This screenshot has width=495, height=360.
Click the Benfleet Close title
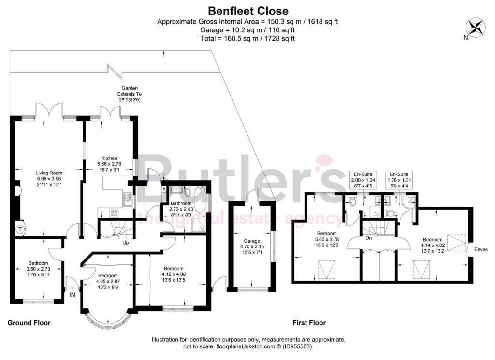(x=248, y=11)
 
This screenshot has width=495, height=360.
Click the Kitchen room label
(x=109, y=158)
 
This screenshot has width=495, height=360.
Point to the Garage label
(x=252, y=241)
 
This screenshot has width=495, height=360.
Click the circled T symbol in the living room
(x=20, y=229)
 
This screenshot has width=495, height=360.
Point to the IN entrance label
(x=73, y=294)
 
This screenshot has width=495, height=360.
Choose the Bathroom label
(x=181, y=204)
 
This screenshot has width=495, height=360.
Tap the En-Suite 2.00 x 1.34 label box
(x=361, y=180)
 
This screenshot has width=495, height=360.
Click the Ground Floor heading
(x=29, y=323)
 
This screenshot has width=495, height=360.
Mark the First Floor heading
(x=309, y=323)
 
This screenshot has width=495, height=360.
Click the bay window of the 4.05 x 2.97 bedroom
(x=105, y=318)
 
